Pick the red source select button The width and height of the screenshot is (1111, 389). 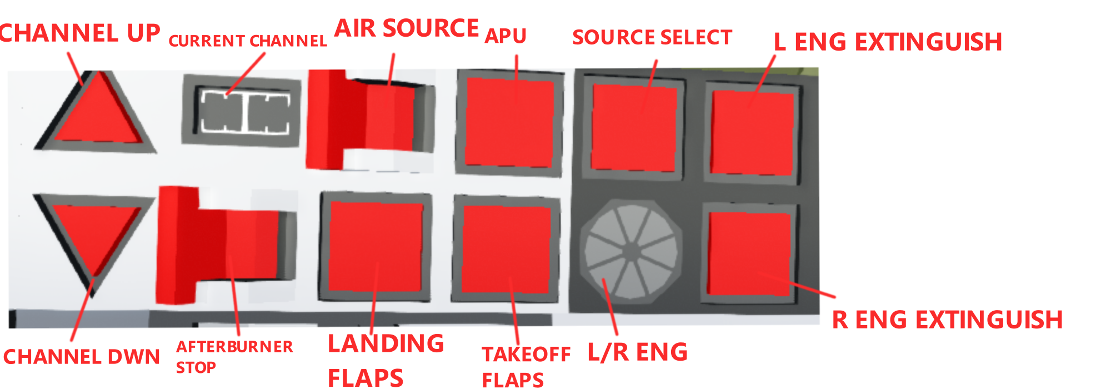633,128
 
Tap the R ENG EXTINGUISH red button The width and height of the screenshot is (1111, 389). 749,253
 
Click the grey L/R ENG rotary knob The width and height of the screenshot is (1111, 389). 631,251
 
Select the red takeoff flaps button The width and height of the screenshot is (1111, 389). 506,249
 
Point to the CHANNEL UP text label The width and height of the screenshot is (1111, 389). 80,33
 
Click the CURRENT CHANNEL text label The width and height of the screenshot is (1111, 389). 248,41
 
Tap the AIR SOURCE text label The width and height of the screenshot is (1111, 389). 407,28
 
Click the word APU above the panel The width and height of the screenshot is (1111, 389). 506,36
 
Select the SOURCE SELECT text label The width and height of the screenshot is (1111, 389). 652,38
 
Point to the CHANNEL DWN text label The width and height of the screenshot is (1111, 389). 82,357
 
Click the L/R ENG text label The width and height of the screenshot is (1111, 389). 638,352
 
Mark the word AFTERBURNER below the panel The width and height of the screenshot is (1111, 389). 234,347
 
